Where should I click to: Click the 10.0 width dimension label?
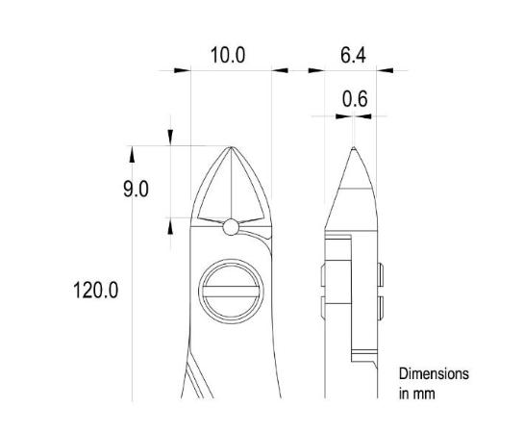click(228, 55)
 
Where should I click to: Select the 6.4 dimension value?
click(353, 55)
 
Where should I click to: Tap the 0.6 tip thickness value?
click(355, 99)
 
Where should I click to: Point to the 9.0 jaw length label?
click(136, 189)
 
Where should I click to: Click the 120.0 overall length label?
click(95, 290)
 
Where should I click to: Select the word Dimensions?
click(435, 373)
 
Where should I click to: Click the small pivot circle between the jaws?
click(231, 227)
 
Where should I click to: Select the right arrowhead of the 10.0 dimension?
click(280, 69)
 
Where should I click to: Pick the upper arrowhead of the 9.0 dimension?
click(172, 140)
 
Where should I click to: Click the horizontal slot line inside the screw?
click(231, 292)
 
